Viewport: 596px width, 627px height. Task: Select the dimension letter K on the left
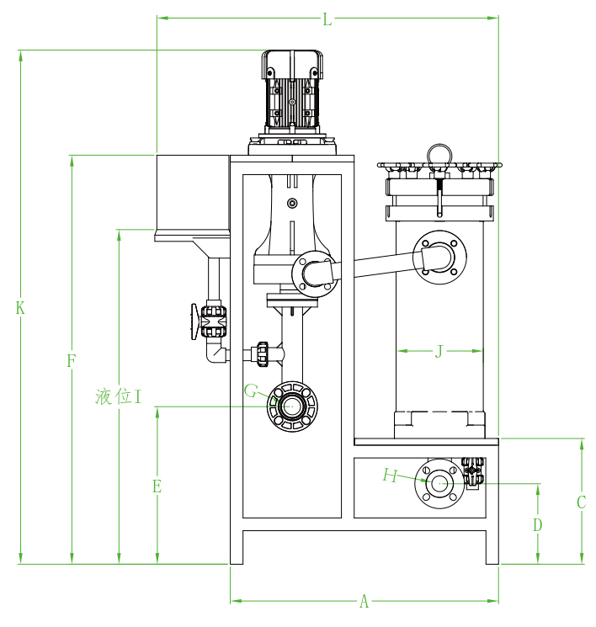pyautogui.click(x=20, y=308)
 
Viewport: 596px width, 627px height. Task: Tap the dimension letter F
pyautogui.click(x=72, y=361)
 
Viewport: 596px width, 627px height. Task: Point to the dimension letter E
pyautogui.click(x=157, y=486)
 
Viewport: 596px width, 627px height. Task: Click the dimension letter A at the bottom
pyautogui.click(x=365, y=602)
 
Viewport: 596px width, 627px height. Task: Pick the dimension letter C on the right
pyautogui.click(x=581, y=502)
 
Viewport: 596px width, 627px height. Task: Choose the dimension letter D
pyautogui.click(x=538, y=525)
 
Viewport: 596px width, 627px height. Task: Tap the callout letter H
pyautogui.click(x=389, y=476)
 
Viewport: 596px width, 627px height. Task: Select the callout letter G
pyautogui.click(x=251, y=391)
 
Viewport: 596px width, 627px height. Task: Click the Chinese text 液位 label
pyautogui.click(x=114, y=396)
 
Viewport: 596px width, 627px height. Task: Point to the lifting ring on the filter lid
pyautogui.click(x=439, y=153)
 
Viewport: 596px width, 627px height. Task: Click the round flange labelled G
pyautogui.click(x=291, y=406)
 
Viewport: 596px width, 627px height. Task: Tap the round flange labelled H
pyautogui.click(x=439, y=483)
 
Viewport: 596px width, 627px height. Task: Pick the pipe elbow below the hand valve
pyautogui.click(x=216, y=353)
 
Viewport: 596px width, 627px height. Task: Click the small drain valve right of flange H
pyautogui.click(x=472, y=472)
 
